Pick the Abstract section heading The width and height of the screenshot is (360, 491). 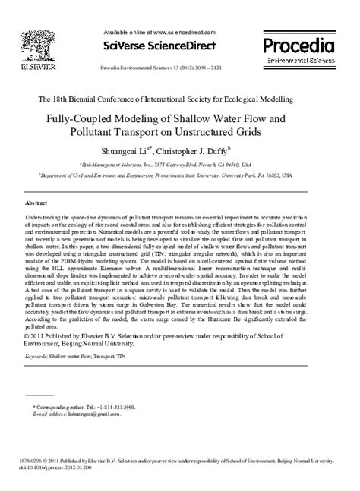pyautogui.click(x=36, y=204)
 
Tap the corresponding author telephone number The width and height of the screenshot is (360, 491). pyautogui.click(x=101, y=408)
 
